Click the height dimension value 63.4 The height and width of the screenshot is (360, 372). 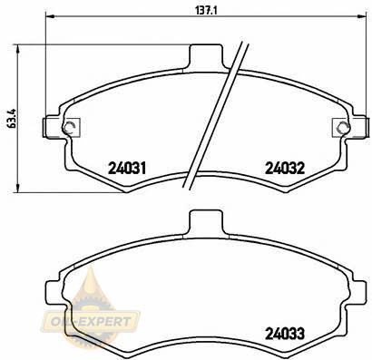12,119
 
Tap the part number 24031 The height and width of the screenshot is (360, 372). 127,169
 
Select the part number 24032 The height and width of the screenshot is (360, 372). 285,169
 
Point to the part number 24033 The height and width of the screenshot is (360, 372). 285,334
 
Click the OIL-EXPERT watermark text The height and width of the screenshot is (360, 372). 90,321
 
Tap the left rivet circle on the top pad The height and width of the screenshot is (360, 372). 69,128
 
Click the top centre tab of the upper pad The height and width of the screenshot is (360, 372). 206,57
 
